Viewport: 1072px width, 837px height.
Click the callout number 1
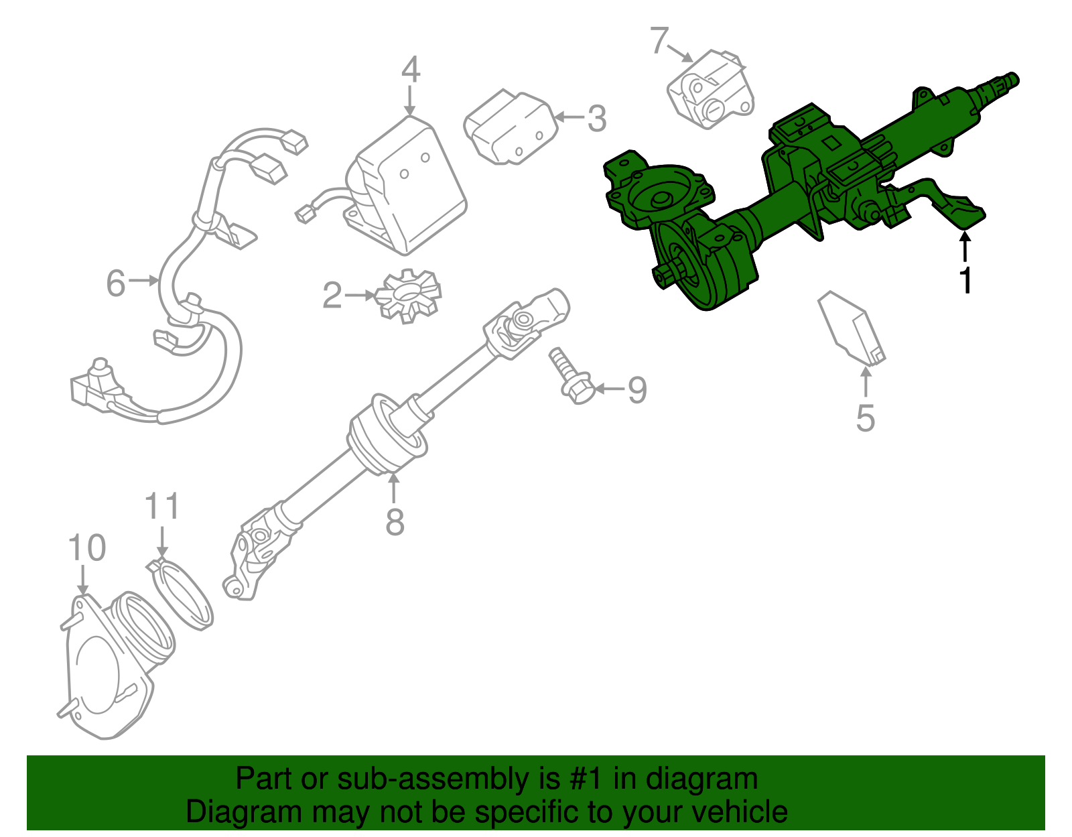[x=965, y=280]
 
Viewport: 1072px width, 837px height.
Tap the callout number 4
[x=411, y=70]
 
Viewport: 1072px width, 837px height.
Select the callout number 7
[x=659, y=41]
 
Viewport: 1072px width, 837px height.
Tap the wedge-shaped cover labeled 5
[x=852, y=328]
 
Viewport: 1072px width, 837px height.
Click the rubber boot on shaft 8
[x=387, y=435]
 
